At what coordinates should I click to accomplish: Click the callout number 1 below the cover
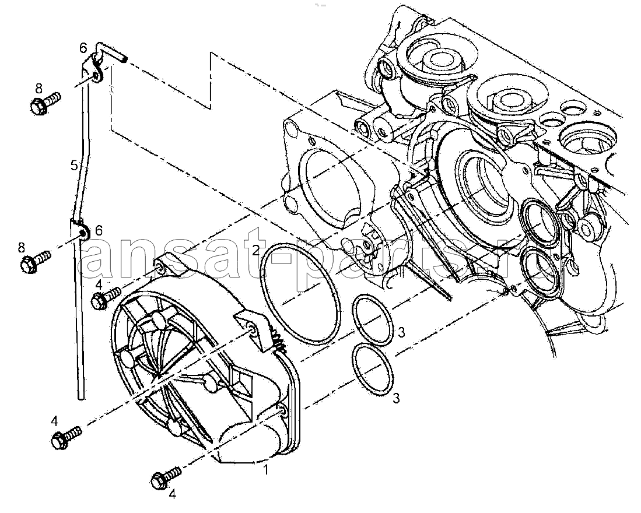coord(265,470)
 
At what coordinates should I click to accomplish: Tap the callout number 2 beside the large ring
coord(255,250)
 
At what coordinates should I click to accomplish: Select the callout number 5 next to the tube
coord(74,166)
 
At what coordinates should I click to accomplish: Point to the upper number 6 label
coord(83,48)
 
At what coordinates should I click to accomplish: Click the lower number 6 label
coord(99,231)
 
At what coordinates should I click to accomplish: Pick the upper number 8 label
coord(38,88)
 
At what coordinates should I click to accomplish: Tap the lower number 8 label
coord(21,247)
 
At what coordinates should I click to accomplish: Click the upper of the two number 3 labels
coord(401,332)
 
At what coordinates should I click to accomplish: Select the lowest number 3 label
coord(396,398)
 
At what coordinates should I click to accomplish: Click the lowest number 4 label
coord(172,494)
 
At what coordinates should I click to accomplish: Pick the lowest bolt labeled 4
coord(166,477)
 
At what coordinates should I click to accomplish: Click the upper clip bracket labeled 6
coord(95,72)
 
